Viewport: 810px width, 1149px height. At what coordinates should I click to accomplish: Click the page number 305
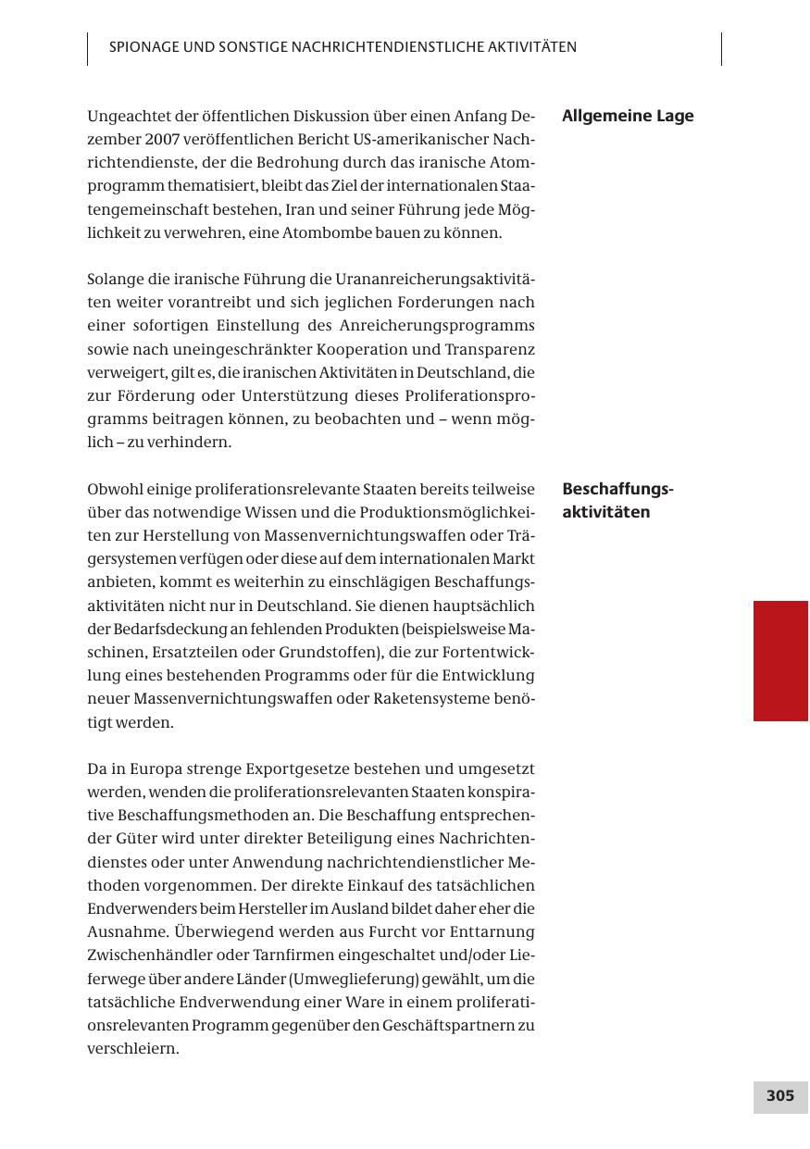pyautogui.click(x=779, y=1096)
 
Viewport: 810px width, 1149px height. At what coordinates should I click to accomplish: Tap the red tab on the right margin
pyautogui.click(x=780, y=660)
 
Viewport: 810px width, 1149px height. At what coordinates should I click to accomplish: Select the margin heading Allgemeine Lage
pyautogui.click(x=628, y=117)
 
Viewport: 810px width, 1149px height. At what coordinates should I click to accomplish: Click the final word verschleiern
pyautogui.click(x=132, y=1049)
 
